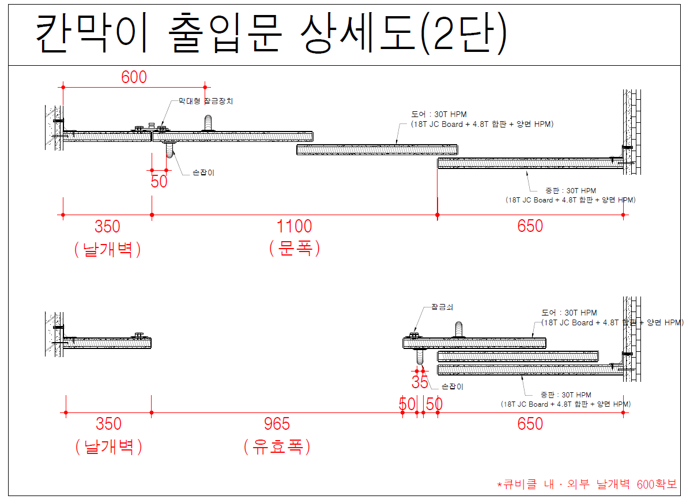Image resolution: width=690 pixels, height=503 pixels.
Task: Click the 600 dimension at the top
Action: coord(134,77)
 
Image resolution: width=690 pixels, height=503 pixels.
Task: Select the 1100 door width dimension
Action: coord(294,226)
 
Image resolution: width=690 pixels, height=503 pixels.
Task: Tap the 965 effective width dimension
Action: coord(277,425)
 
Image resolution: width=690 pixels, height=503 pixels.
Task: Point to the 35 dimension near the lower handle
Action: coord(420,381)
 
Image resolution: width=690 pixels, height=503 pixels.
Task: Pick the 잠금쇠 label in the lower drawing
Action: coord(442,307)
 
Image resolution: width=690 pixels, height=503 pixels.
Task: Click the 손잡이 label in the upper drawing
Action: coord(203,172)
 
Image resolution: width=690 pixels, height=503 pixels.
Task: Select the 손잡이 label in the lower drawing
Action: coord(452,386)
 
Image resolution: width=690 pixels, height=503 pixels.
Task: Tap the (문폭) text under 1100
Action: coord(294,249)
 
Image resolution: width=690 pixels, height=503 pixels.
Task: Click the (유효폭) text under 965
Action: coord(277,446)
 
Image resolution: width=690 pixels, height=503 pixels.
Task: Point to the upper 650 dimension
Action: coord(530,226)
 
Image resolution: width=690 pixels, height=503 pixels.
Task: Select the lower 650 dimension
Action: coord(530,425)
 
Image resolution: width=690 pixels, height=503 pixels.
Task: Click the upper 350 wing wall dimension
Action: coord(108,226)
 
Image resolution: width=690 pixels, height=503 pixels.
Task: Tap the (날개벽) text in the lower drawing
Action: coord(108,446)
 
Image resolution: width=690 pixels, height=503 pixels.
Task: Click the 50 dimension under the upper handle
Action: coord(159,181)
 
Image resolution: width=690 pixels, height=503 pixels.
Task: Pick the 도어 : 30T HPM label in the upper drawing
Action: coord(439,114)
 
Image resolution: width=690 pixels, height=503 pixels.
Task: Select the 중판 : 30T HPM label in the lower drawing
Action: coord(565,395)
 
